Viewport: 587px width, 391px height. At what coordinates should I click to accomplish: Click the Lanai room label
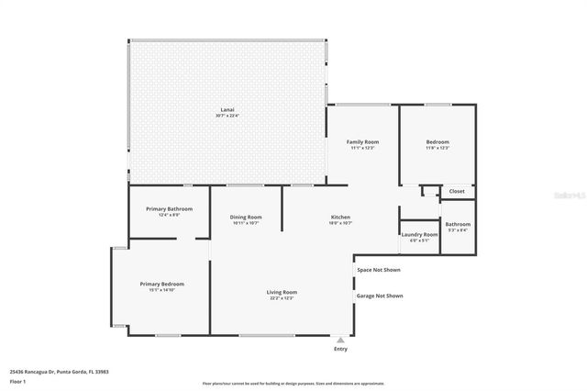(x=227, y=109)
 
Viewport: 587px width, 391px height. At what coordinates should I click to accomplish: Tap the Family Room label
(x=362, y=142)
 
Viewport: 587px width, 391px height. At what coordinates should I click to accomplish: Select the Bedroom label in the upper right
(x=437, y=142)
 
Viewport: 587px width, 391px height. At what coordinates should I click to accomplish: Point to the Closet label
(x=457, y=191)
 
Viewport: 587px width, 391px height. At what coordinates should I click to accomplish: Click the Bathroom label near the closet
(x=458, y=224)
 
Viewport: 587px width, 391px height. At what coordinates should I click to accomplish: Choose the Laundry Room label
(x=419, y=235)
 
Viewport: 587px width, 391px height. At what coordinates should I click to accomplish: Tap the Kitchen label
(x=340, y=217)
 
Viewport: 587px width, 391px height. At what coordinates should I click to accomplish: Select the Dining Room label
(x=246, y=217)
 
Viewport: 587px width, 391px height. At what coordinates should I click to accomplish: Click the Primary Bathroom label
(x=169, y=209)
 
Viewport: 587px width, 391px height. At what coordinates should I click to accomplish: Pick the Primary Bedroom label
(x=161, y=285)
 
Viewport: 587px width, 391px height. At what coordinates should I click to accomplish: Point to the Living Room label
(x=282, y=292)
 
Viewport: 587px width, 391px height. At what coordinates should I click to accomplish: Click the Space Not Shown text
(x=380, y=270)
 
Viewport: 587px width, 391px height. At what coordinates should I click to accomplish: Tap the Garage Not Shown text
(x=380, y=296)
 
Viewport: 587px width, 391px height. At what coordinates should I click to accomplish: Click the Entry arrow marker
(x=341, y=340)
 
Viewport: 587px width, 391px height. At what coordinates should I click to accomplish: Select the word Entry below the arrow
(x=341, y=349)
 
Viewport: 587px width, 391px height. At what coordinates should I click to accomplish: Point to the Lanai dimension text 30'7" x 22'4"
(x=227, y=116)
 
